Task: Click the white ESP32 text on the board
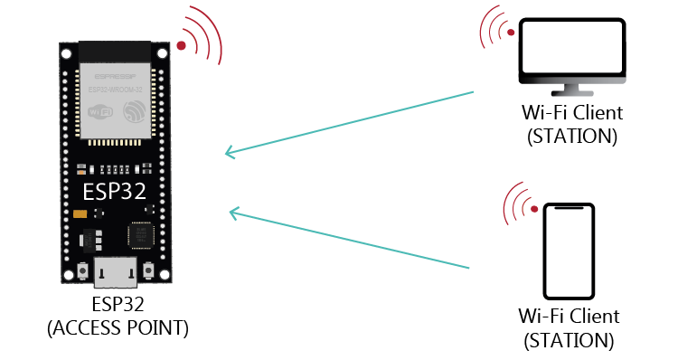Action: point(115,192)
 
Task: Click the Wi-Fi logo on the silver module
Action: point(101,112)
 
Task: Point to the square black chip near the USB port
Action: point(140,236)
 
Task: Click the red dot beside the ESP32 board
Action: point(182,45)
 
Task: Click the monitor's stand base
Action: point(572,93)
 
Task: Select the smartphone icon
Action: point(570,251)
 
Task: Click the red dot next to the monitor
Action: point(511,33)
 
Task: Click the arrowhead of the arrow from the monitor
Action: point(229,153)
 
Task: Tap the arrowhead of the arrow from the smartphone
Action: point(233,213)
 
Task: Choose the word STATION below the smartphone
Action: point(570,341)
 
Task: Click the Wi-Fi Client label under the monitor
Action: point(572,114)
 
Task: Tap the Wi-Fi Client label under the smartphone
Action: point(570,317)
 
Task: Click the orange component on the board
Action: point(80,213)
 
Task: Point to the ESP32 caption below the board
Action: point(118,303)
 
